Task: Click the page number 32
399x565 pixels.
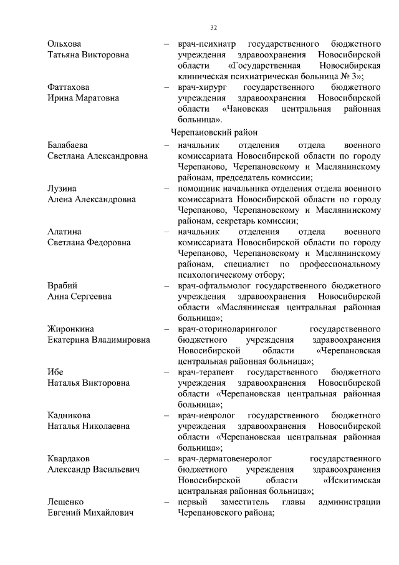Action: pos(213,27)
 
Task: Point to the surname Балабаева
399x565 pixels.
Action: pos(70,145)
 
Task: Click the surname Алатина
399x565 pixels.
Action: pos(66,232)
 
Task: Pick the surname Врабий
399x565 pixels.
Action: pos(63,285)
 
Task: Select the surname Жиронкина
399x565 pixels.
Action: pos(72,328)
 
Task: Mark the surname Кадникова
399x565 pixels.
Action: pos(69,415)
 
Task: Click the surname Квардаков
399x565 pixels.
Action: pos(71,458)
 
